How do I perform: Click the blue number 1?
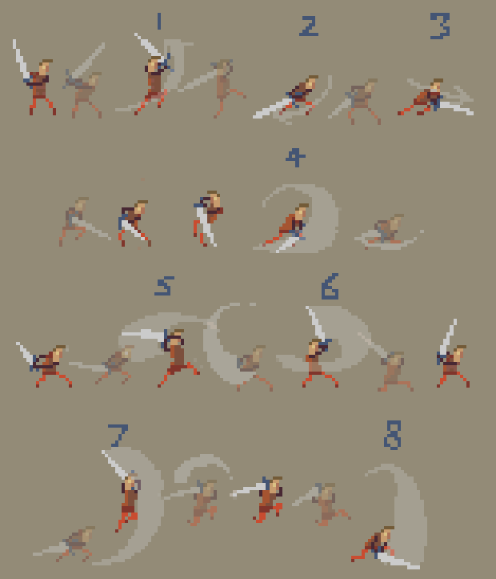pyautogui.click(x=159, y=21)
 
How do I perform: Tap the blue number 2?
pyautogui.click(x=309, y=26)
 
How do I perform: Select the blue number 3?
pyautogui.click(x=440, y=26)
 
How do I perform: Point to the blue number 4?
pyautogui.click(x=295, y=158)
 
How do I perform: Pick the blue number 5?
pyautogui.click(x=165, y=286)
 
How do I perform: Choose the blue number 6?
pyautogui.click(x=330, y=286)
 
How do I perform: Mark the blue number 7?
pyautogui.click(x=118, y=436)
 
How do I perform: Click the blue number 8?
pyautogui.click(x=392, y=435)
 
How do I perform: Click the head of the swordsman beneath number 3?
pyautogui.click(x=438, y=85)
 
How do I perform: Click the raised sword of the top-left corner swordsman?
pyautogui.click(x=20, y=58)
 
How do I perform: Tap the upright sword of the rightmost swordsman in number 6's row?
pyautogui.click(x=447, y=337)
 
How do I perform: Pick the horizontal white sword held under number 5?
pyautogui.click(x=142, y=335)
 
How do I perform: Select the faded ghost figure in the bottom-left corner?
pyautogui.click(x=66, y=544)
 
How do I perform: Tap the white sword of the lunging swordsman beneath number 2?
pyautogui.click(x=272, y=108)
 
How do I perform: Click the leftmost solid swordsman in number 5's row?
pyautogui.click(x=44, y=364)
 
